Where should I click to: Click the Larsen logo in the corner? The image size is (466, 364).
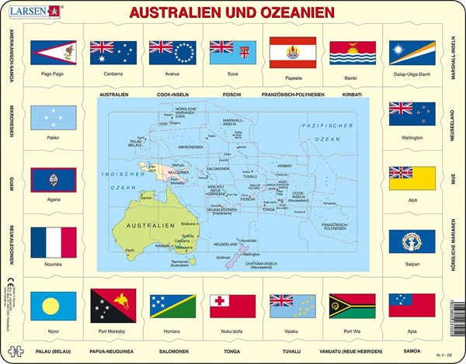point(29,10)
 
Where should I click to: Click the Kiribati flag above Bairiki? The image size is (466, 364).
point(352,52)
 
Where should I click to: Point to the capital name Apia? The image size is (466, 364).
point(412,329)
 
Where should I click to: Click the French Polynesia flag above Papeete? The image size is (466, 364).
point(292,52)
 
